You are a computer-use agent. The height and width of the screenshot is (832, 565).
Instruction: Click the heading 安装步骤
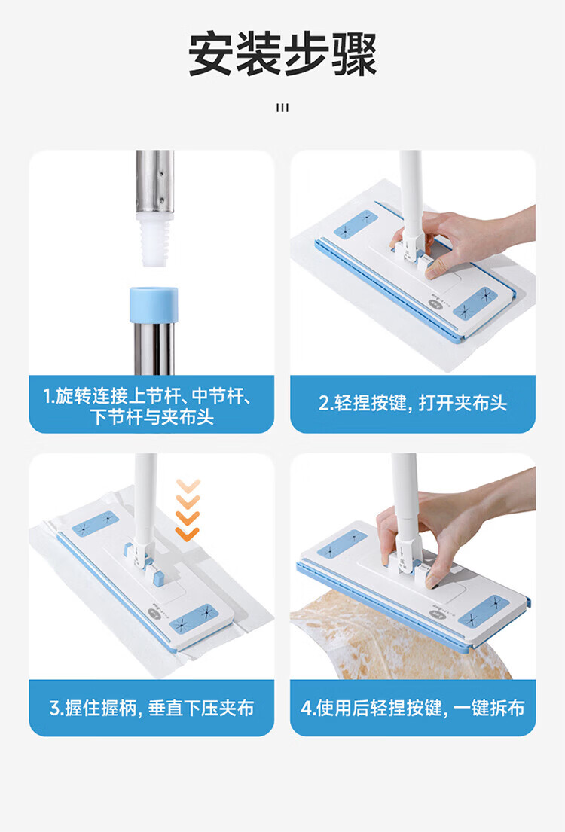point(282,55)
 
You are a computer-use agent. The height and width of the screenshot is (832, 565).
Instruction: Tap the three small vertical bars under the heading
point(282,108)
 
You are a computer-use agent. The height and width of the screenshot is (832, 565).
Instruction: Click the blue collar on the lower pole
point(154,305)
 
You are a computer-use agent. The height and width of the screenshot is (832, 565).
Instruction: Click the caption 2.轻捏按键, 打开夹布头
point(413,403)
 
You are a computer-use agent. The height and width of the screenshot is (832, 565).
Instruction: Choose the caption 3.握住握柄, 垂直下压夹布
point(151,707)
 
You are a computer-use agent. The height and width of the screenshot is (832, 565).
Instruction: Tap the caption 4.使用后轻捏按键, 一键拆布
point(413,707)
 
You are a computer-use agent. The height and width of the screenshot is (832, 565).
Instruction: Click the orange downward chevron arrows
point(188,510)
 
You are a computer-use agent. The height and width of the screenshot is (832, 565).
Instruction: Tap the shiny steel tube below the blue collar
point(154,348)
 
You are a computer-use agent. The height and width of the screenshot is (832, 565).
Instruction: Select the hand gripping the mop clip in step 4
point(451,523)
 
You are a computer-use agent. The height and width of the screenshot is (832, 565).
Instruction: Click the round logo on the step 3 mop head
point(154,613)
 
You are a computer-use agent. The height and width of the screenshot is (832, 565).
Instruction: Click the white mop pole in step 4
point(405,498)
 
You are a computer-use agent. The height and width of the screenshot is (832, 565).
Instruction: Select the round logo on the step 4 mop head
point(436,614)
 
